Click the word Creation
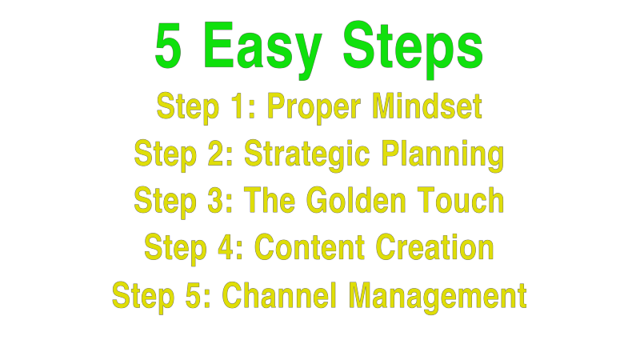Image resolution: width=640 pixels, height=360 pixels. [432, 248]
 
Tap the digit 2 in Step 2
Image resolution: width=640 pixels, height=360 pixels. [218, 154]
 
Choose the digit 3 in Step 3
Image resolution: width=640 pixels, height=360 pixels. [217, 201]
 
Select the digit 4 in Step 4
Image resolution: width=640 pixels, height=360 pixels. [228, 248]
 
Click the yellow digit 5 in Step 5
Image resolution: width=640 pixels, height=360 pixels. [195, 295]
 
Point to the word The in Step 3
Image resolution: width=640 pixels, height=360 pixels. [268, 201]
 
